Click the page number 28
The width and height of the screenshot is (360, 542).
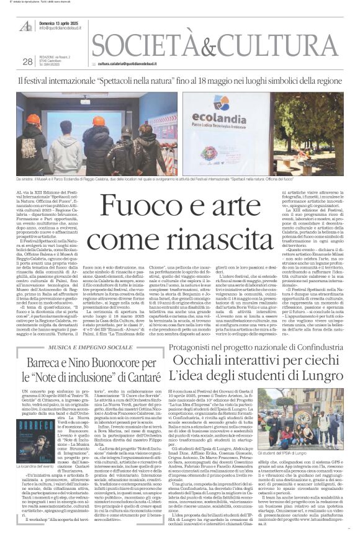(27, 62)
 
